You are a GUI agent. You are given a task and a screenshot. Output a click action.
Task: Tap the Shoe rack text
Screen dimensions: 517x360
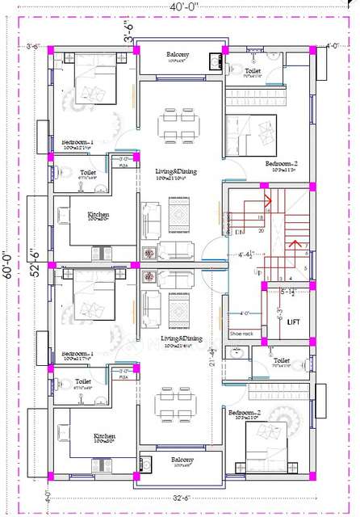pos(241,332)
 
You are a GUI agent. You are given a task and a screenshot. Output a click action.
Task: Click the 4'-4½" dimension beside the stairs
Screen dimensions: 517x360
pos(246,254)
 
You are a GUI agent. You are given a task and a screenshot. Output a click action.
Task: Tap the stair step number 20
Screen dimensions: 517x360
pos(262,230)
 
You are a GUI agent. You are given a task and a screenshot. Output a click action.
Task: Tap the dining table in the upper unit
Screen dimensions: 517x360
pos(176,124)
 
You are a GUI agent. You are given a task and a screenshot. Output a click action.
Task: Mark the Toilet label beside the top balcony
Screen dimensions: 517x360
pos(252,71)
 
